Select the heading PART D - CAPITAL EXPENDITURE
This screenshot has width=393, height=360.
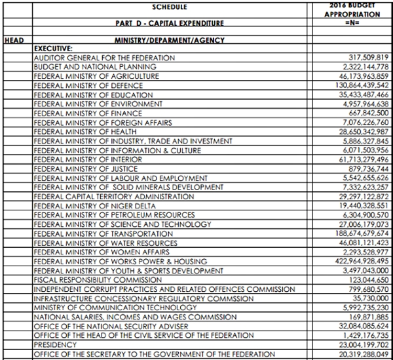(x=170, y=24)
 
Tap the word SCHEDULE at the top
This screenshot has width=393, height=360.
(x=170, y=7)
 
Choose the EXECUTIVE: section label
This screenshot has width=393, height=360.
(x=54, y=49)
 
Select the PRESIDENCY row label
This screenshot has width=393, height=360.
(x=54, y=344)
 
